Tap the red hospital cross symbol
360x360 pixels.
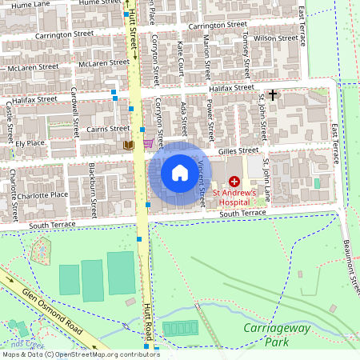[x=234, y=182]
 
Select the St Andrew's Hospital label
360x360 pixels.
[x=234, y=197]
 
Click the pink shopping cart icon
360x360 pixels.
[x=149, y=143]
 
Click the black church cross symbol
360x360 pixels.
[x=273, y=95]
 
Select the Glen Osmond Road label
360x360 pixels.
[x=54, y=308]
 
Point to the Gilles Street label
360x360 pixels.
[x=239, y=150]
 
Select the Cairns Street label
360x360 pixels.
[x=108, y=130]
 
